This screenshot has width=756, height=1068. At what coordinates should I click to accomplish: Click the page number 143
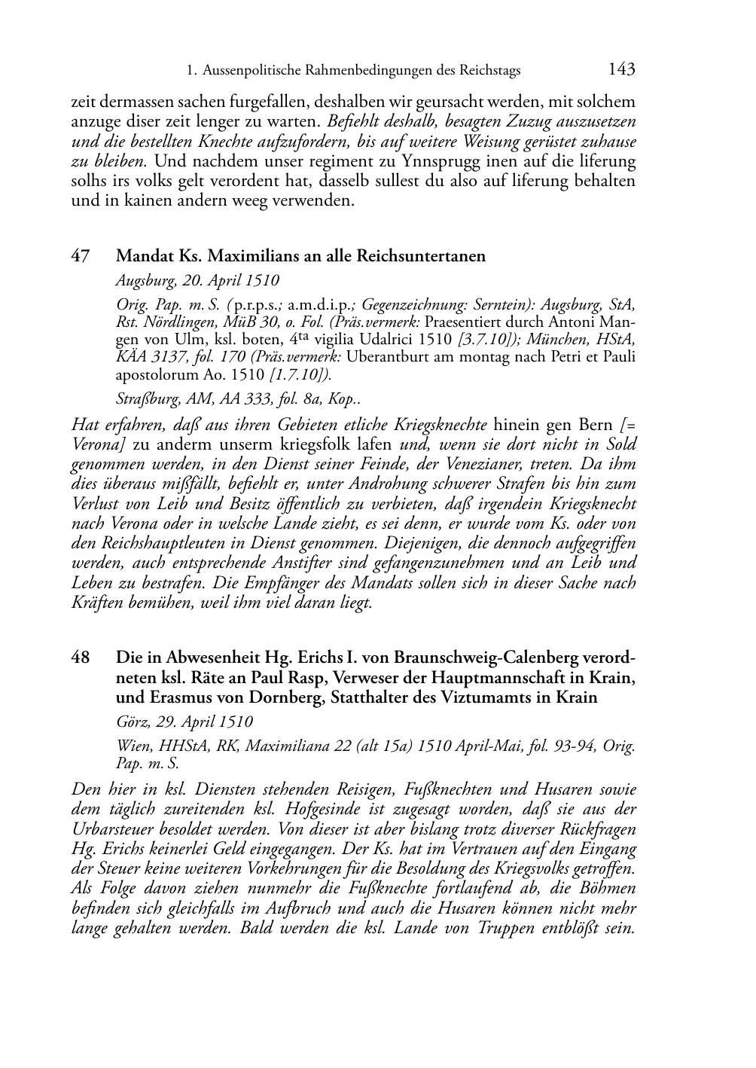pos(621,70)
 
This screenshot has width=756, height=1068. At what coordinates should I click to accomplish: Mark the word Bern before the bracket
pos(595,424)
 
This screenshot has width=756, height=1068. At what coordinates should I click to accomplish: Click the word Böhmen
pos(608,888)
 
